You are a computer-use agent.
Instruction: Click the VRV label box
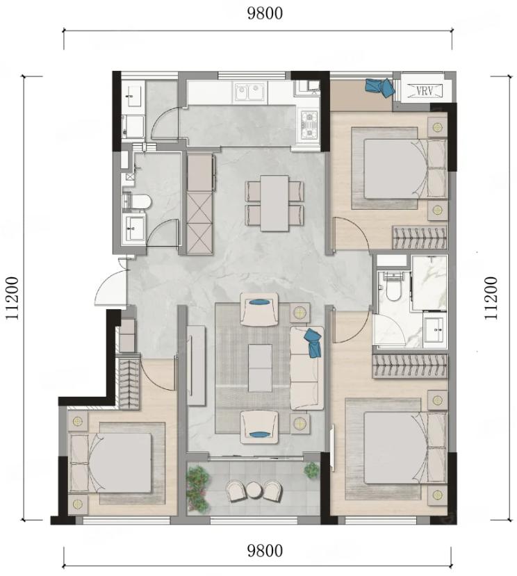point(425,90)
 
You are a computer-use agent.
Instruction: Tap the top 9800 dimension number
point(265,13)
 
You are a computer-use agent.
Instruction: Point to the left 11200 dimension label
point(13,298)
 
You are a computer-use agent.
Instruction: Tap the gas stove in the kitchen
point(309,125)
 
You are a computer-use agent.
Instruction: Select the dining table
point(274,203)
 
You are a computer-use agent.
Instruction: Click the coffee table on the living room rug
point(260,368)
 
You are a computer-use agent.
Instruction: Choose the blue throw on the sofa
point(313,343)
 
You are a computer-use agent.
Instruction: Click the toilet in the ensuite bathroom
point(393,290)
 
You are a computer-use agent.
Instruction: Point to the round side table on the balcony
point(254,490)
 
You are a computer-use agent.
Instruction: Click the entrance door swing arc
point(106,283)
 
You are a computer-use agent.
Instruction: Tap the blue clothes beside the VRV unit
point(379,87)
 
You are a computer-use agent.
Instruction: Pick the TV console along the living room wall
point(196,365)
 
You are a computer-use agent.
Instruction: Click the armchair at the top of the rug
point(259,309)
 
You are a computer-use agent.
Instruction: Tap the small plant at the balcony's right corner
point(311,470)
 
